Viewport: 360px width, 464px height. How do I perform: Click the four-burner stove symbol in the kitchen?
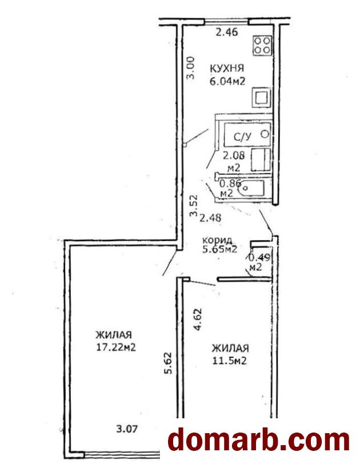[262, 46]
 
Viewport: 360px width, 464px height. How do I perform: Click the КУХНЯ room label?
[227, 69]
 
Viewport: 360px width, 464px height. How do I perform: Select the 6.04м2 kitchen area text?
[227, 81]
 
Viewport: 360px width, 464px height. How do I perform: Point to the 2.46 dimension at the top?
[227, 32]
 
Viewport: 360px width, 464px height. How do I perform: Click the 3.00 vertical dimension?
[191, 68]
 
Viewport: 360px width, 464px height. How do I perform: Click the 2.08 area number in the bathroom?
[234, 155]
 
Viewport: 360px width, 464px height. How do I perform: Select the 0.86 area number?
[230, 183]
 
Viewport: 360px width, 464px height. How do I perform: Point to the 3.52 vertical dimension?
[194, 206]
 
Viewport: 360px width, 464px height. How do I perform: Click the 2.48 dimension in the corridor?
[210, 218]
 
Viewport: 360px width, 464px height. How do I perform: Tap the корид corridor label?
[217, 240]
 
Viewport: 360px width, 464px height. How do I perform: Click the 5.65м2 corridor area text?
[220, 250]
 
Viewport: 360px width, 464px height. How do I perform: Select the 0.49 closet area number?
[259, 258]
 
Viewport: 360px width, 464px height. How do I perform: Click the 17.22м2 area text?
[116, 347]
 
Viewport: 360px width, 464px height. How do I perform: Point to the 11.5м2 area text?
[230, 361]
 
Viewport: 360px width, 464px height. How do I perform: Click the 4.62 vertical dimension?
[198, 319]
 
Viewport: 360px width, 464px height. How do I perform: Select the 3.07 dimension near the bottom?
[127, 429]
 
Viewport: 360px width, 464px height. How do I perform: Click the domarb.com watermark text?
[259, 441]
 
